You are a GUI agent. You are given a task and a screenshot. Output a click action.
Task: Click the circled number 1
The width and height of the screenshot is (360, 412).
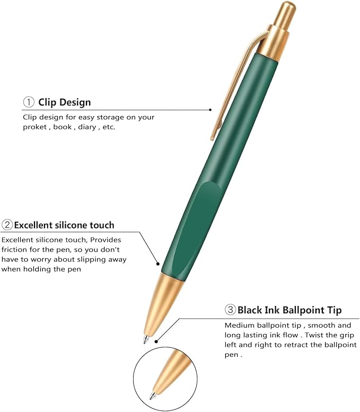(28, 102)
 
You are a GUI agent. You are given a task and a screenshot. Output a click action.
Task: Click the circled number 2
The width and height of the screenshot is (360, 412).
(7, 225)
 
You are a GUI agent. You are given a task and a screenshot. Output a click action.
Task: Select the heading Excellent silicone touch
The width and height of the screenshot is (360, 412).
(64, 225)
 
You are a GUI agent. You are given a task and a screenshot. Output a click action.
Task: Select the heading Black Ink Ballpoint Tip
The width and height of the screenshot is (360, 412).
(289, 310)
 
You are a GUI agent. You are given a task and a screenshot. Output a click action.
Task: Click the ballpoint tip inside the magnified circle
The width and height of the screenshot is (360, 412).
(153, 396)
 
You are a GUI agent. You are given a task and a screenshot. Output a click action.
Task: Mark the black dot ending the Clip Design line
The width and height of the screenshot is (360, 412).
(210, 110)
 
